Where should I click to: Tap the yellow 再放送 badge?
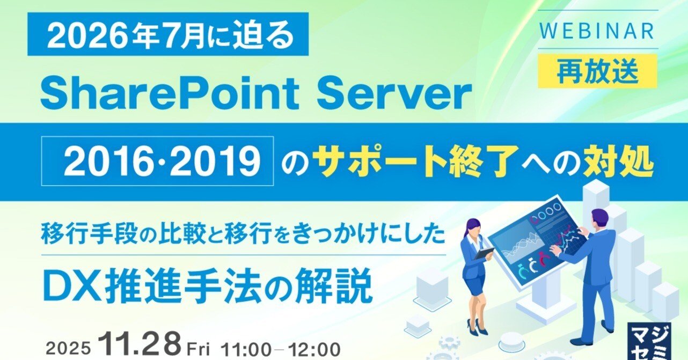pos(598,71)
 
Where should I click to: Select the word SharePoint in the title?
pos(170,94)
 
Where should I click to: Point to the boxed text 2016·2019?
pos(157,161)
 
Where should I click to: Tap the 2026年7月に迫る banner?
pos(168,34)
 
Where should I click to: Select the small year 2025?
pos(69,349)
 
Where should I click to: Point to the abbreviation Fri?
pos(198,349)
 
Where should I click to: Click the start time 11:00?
pos(246,350)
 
